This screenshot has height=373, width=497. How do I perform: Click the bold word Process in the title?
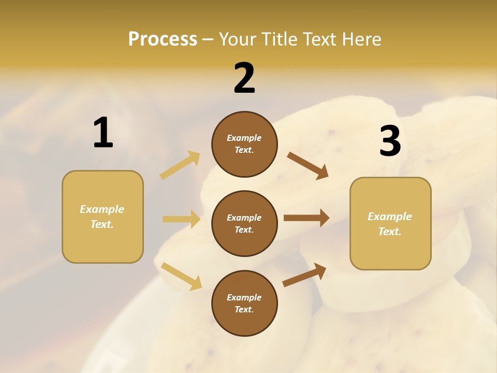tap(163, 39)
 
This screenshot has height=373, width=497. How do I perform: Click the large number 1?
tap(103, 133)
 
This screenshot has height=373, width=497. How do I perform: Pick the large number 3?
tap(390, 141)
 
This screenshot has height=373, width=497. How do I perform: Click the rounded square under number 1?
tap(103, 217)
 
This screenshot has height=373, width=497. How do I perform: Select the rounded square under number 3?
tap(390, 224)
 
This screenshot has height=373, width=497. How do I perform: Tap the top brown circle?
tap(244, 144)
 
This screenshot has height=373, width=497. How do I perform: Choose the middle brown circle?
tap(244, 224)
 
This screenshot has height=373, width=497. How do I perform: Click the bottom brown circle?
tap(244, 304)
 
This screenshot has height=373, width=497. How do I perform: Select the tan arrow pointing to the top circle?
tap(180, 165)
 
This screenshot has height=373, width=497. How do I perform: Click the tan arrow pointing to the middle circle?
tap(181, 219)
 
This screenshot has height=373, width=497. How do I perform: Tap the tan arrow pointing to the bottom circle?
tap(181, 276)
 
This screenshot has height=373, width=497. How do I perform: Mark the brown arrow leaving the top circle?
tap(308, 166)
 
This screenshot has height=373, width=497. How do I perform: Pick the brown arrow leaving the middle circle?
tap(306, 218)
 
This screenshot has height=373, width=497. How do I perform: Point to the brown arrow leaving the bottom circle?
tap(304, 275)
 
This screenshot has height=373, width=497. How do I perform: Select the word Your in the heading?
tap(237, 39)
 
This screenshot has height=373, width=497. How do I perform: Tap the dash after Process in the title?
tap(208, 39)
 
